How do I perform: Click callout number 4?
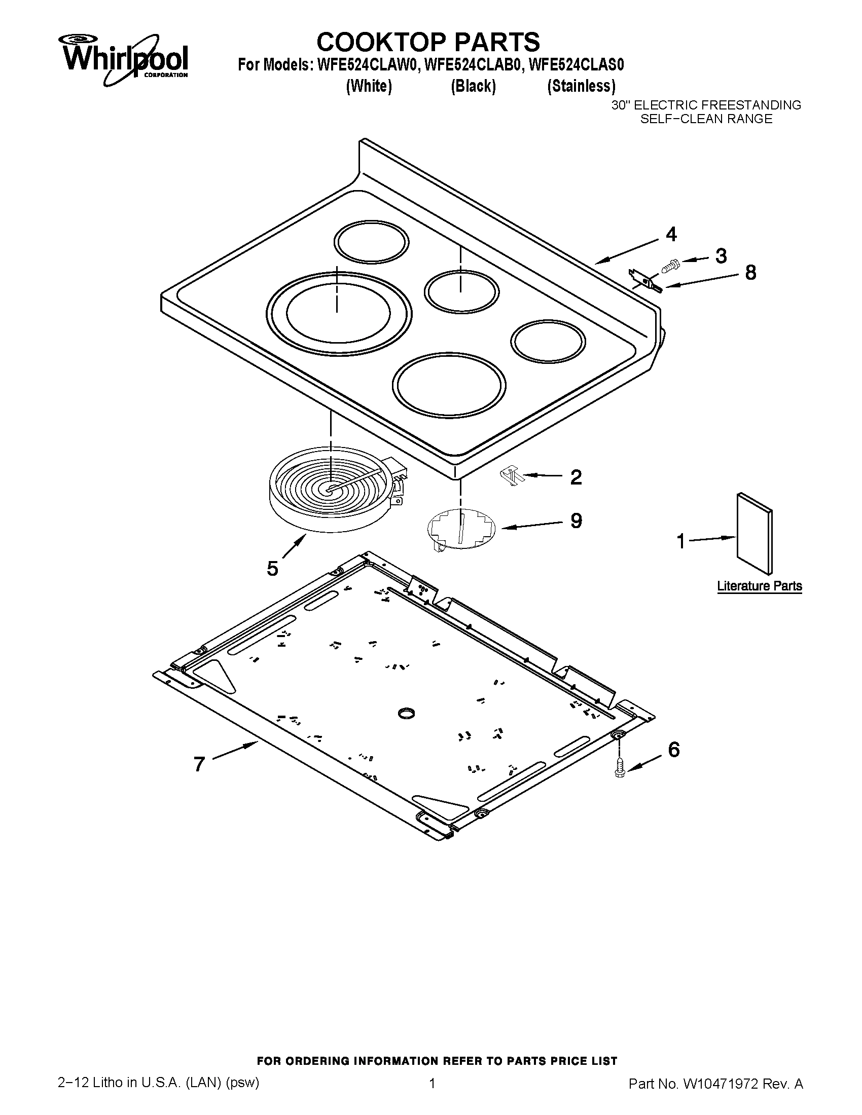point(671,234)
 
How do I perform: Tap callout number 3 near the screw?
point(721,256)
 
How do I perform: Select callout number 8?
point(750,273)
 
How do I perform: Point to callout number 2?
point(576,477)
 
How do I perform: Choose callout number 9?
point(576,521)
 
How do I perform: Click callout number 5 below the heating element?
point(272,568)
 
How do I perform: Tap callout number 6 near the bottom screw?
point(673,750)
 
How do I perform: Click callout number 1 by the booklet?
point(680,541)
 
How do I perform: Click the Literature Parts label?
point(760,586)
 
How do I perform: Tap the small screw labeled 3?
point(669,265)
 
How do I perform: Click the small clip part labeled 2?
point(511,476)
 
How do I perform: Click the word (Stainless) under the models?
point(581,86)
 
